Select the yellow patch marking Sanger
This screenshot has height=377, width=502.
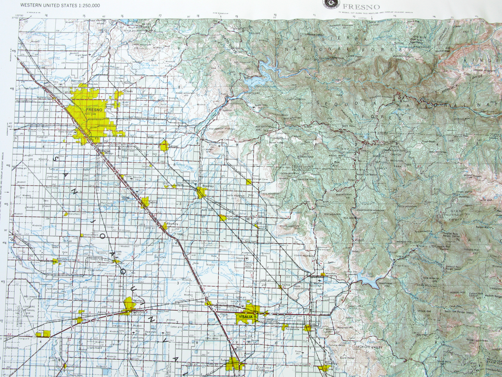164,146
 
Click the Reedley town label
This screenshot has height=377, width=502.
208,185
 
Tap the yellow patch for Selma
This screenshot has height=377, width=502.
145,202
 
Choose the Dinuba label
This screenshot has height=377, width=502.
233,219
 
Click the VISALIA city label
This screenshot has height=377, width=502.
245,317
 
